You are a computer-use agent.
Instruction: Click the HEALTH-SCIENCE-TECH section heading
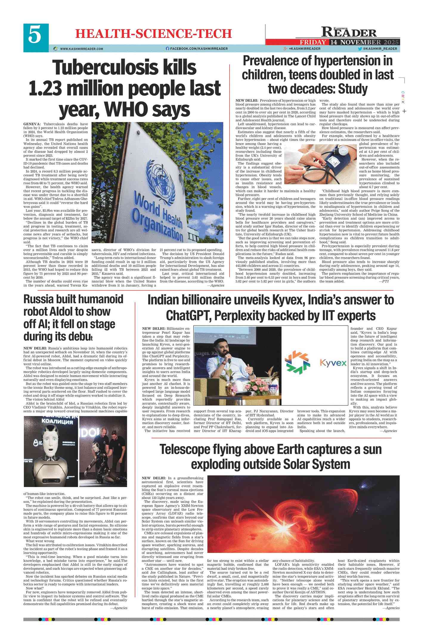click(153, 34)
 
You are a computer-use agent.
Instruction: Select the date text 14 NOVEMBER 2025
click(364, 42)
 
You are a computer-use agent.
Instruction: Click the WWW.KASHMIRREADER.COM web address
click(81, 49)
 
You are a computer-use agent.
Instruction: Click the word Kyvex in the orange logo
click(333, 363)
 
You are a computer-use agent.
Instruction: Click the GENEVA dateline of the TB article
click(32, 124)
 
